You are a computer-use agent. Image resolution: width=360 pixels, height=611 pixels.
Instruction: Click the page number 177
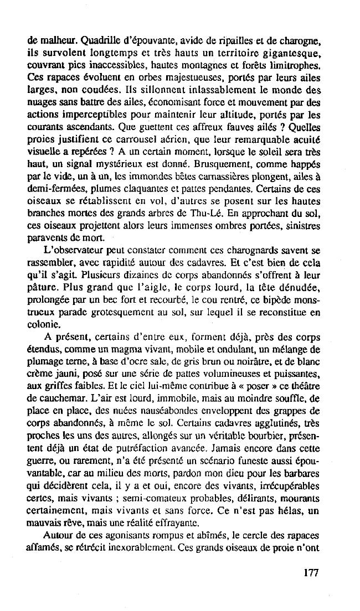311,573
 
